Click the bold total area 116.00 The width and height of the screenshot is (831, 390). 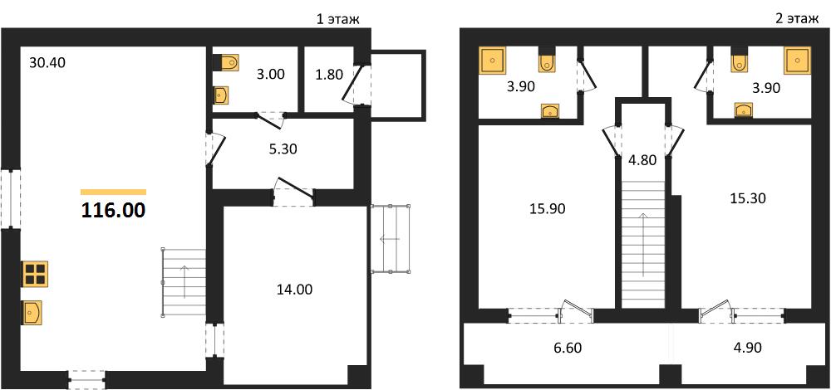click(113, 211)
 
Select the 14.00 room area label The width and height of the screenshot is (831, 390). click(295, 290)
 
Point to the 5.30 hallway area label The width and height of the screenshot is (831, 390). click(283, 149)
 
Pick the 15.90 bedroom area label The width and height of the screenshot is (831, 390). click(548, 209)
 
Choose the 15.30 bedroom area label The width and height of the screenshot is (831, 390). click(748, 198)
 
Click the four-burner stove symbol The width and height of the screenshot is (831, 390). click(35, 274)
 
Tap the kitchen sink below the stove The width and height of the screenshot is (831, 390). click(32, 312)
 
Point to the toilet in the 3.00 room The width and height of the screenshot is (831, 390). click(227, 62)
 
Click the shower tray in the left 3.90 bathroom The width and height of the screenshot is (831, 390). click(493, 60)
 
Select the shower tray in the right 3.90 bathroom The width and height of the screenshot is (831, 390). click(797, 61)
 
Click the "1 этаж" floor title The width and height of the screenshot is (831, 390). click(337, 20)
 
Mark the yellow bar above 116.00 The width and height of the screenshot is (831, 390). click(113, 192)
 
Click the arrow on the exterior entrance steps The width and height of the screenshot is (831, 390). click(390, 239)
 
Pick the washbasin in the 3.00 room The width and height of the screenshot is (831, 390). click(221, 95)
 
